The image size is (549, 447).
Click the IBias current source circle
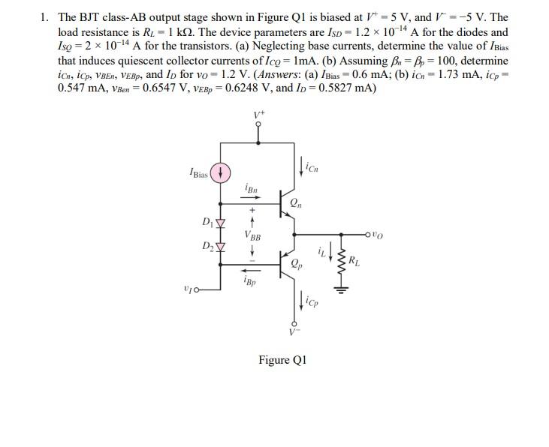pos(221,173)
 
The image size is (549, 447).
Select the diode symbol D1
pos(221,223)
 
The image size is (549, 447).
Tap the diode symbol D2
pos(221,247)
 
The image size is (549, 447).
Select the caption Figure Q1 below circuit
pos(283,360)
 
